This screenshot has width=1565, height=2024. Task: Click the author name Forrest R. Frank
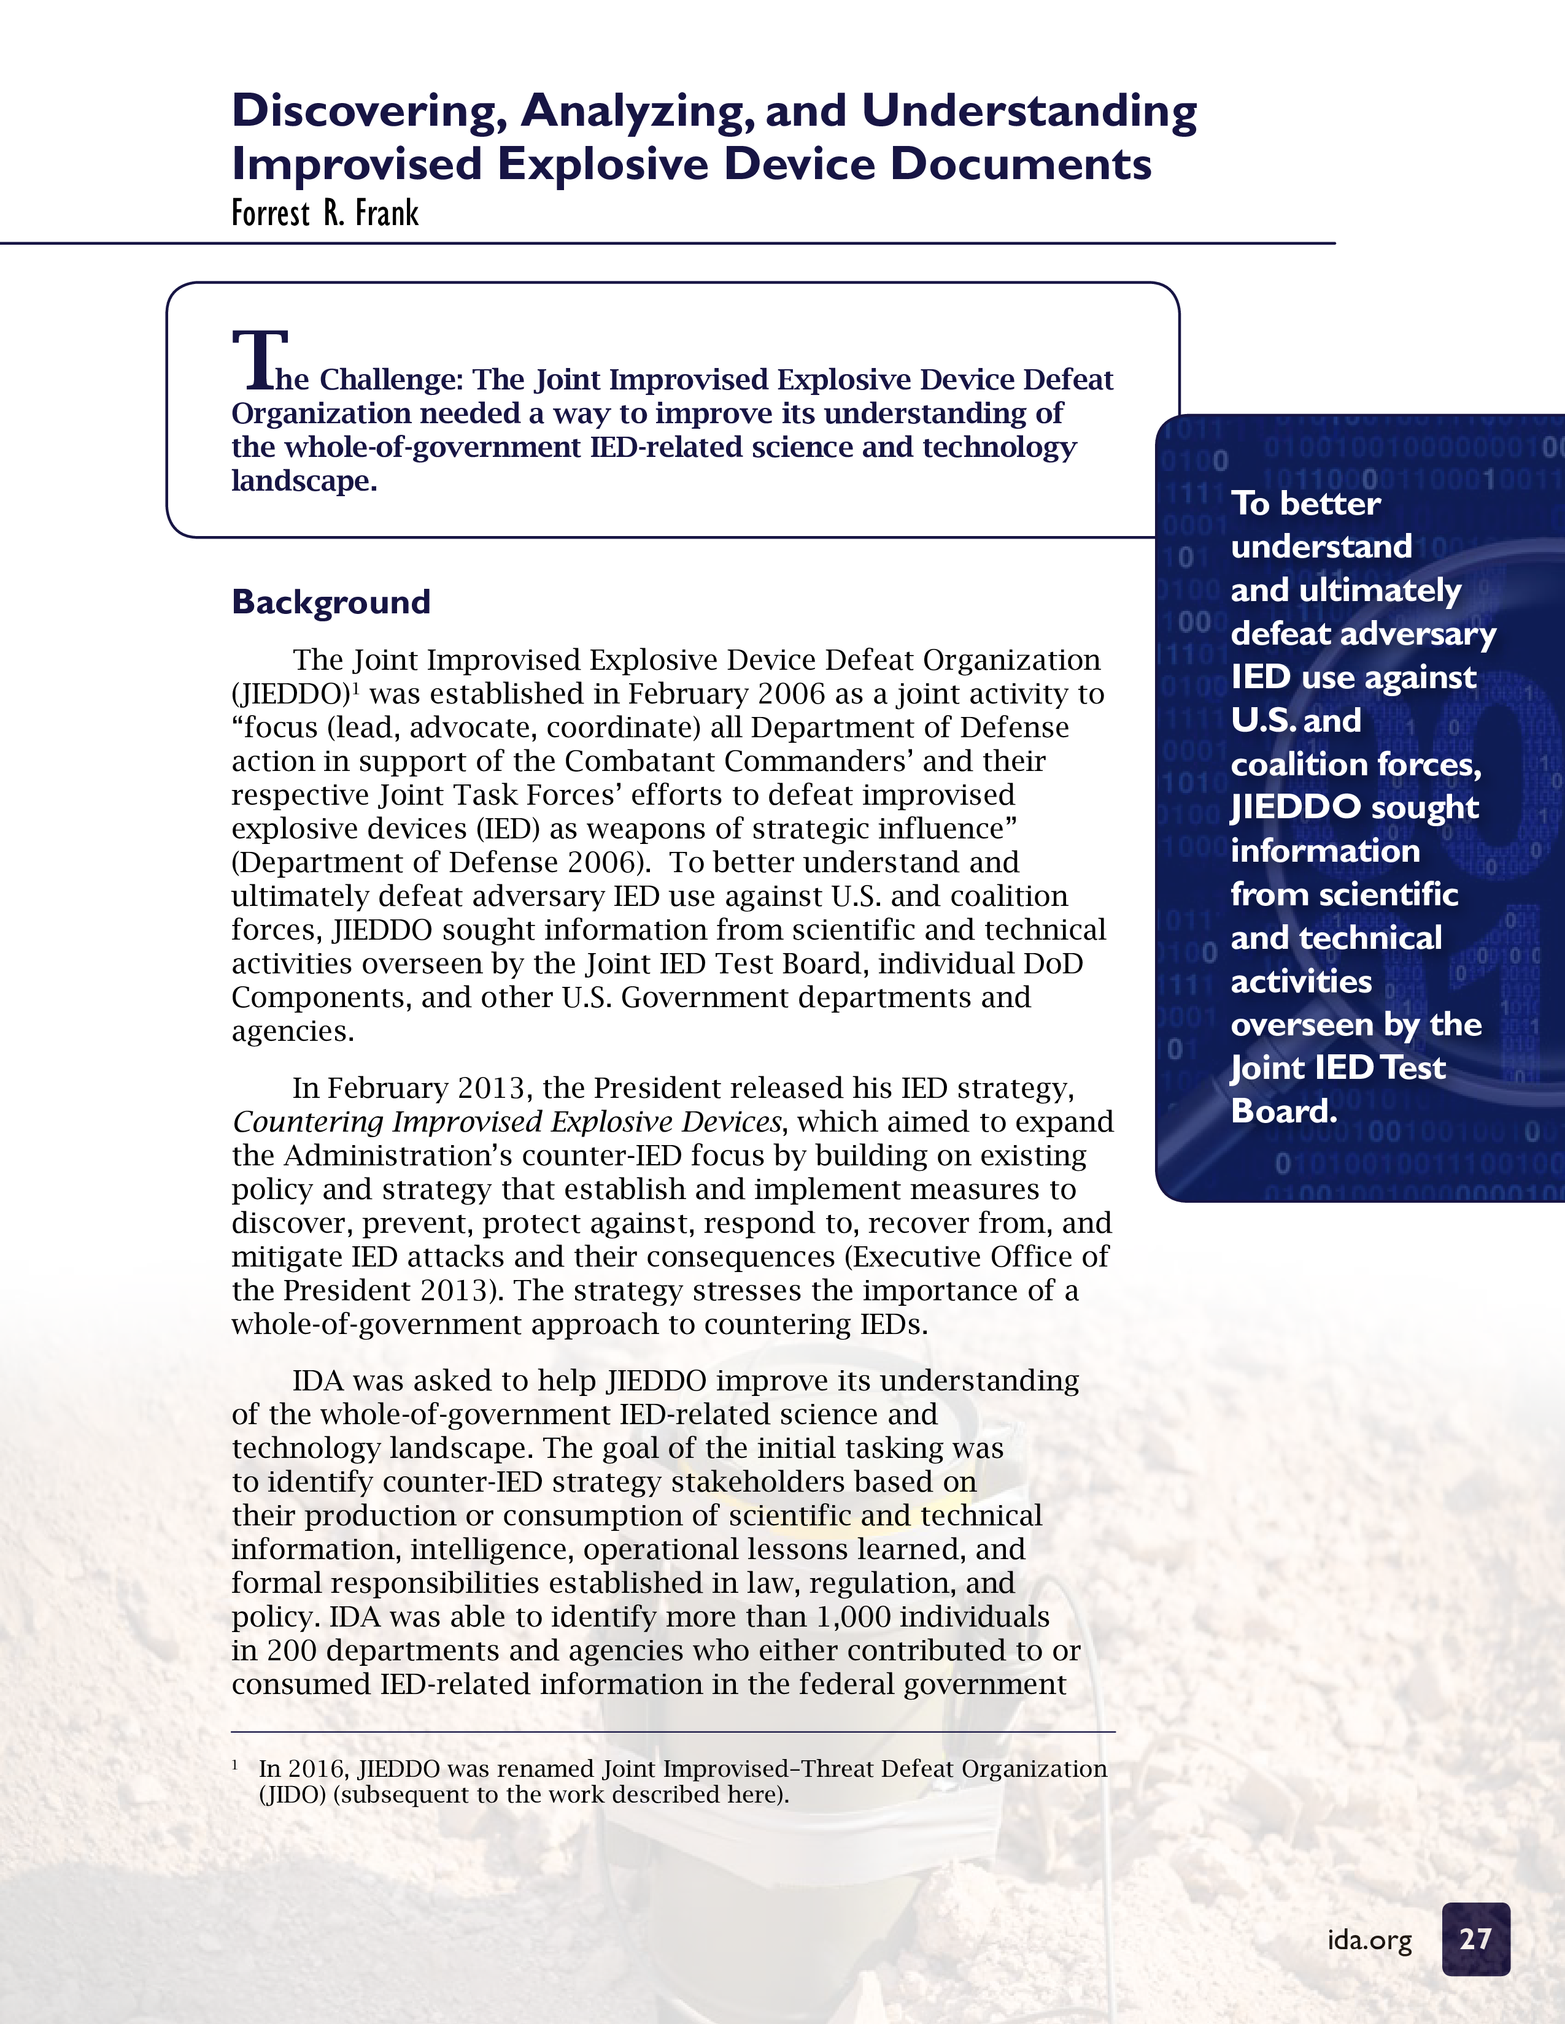tap(325, 213)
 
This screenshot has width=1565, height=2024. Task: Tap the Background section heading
tap(331, 602)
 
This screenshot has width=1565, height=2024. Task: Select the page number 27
tap(1475, 1939)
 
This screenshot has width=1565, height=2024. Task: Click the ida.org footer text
tap(1369, 1939)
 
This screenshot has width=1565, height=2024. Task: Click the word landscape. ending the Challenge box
tap(304, 481)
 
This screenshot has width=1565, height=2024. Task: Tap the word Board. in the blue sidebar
tap(1283, 1110)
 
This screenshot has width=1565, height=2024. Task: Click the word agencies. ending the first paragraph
tap(293, 1032)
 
